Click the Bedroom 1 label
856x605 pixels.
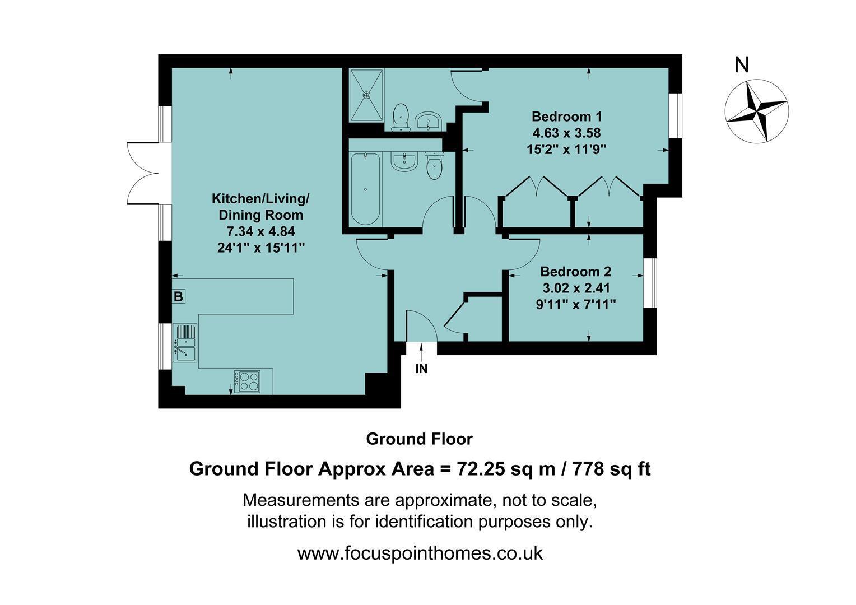coord(567,116)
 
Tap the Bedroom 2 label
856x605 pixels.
coord(575,272)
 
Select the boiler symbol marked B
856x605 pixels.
coord(179,296)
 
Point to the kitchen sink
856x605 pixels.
coord(185,342)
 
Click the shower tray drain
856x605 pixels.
coord(367,94)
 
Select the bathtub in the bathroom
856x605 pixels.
coord(365,189)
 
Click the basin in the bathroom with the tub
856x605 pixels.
coord(403,162)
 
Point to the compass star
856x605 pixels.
coord(756,111)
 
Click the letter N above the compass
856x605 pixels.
coord(742,65)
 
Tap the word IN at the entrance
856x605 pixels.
coord(421,369)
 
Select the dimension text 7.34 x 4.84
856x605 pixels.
coord(261,231)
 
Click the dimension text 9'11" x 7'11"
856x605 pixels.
coord(575,305)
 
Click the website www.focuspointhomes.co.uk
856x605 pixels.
coord(420,553)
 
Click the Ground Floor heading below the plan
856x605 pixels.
coord(419,439)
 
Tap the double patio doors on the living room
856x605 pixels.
coord(144,174)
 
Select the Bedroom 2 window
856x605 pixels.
coord(651,283)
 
